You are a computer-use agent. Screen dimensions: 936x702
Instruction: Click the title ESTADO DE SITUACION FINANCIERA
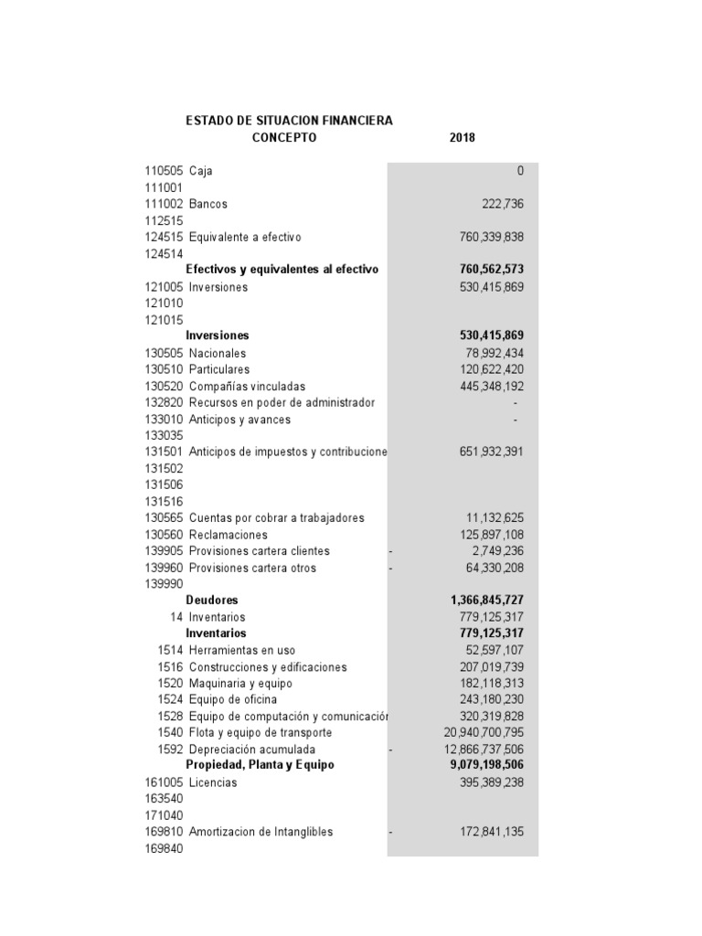pos(289,120)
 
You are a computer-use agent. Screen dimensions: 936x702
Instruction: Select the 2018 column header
pos(463,138)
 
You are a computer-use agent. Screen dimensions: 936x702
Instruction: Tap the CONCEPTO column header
pos(283,138)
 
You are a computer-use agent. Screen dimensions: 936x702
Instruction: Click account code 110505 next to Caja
pos(164,171)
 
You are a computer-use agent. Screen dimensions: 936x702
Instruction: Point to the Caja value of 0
pos(520,171)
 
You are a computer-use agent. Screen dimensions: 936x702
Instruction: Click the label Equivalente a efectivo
pos(244,237)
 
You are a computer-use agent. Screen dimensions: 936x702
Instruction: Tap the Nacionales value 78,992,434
pos(495,353)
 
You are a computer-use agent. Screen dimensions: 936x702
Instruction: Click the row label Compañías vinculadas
pos(247,386)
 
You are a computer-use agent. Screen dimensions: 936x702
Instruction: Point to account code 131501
pos(164,452)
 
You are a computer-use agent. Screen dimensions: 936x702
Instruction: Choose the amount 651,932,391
pos(491,452)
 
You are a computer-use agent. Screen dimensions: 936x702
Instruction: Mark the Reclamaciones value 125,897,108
pos(492,534)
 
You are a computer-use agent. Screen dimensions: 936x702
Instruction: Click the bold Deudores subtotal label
pos(211,600)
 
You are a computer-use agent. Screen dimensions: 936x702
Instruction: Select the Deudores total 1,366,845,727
pos(487,600)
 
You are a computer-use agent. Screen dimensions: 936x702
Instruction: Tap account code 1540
pos(170,732)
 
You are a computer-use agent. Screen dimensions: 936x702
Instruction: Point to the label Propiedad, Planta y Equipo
pos(260,764)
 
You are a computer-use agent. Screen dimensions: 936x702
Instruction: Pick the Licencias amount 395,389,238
pos(491,782)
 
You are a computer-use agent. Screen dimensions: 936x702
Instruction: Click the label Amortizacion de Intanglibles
pos(261,832)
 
